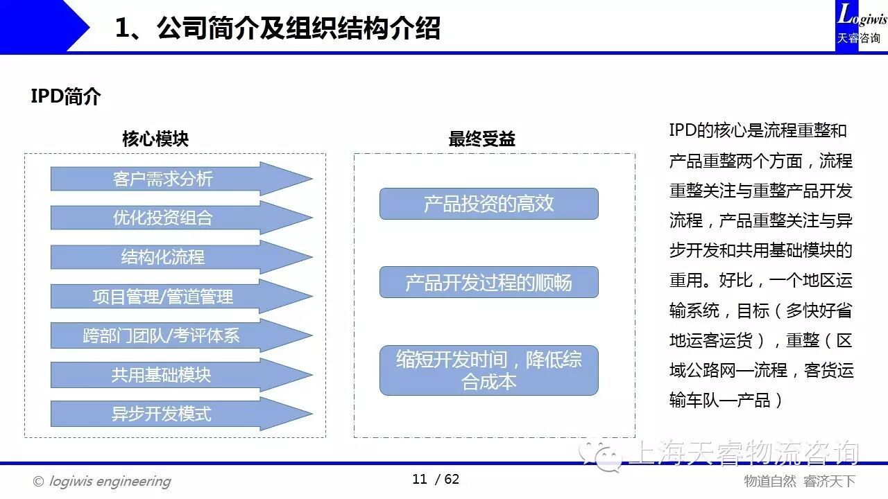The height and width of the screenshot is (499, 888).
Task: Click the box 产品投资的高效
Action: click(x=488, y=204)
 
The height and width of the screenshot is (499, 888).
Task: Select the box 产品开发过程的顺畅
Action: click(x=488, y=282)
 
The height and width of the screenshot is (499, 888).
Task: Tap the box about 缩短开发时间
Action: click(x=488, y=370)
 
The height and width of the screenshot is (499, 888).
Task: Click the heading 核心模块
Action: click(x=155, y=139)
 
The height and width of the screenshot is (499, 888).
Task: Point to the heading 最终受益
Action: click(x=481, y=139)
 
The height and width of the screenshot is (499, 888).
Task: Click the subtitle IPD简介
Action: click(x=66, y=96)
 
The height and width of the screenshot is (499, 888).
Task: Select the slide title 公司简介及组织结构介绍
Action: click(x=277, y=29)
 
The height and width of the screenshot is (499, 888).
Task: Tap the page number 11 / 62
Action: click(x=436, y=479)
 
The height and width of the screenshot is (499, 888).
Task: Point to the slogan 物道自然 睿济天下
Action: click(x=799, y=481)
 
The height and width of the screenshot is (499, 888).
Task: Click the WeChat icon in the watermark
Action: click(x=601, y=454)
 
